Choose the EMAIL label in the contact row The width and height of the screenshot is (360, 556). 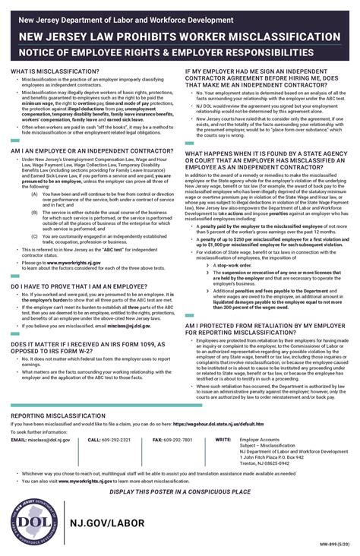[x=19, y=440]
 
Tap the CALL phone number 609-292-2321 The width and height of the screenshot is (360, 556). [x=116, y=440]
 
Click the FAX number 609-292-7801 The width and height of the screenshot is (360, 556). [x=178, y=440]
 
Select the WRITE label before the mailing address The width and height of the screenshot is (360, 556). [x=223, y=440]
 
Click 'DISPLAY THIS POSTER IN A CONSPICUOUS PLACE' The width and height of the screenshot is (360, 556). [x=180, y=492]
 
